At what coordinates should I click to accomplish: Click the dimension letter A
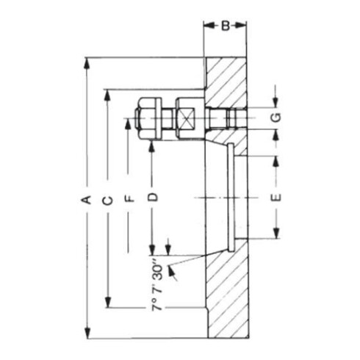coord(86,199)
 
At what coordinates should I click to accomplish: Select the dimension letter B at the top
coord(225,26)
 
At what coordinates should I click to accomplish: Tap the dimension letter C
coord(107,199)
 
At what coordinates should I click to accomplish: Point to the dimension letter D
coord(152,197)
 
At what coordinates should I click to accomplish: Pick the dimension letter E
coord(276,197)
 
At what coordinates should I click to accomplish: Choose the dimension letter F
coord(128,198)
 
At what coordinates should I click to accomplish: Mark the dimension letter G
coord(276,118)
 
